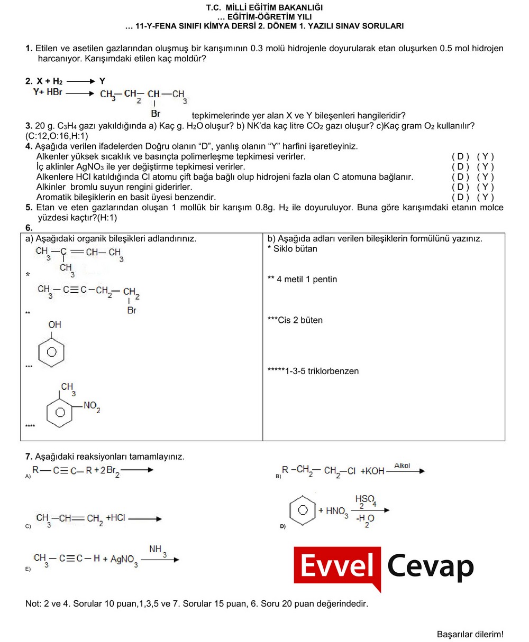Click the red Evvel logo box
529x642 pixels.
pos(338,566)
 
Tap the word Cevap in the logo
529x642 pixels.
pos(431,566)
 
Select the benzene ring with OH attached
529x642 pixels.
pos(52,351)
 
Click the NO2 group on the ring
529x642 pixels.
pos(92,406)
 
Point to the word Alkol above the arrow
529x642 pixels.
pos(402,466)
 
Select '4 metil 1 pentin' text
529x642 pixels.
pos(306,279)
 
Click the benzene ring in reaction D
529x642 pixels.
pos(303,510)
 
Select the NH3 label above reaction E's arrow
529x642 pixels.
pos(158,550)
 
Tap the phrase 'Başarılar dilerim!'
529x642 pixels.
pos(470,634)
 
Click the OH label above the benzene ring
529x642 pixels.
pos(54,324)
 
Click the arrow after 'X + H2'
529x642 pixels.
pos(79,82)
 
